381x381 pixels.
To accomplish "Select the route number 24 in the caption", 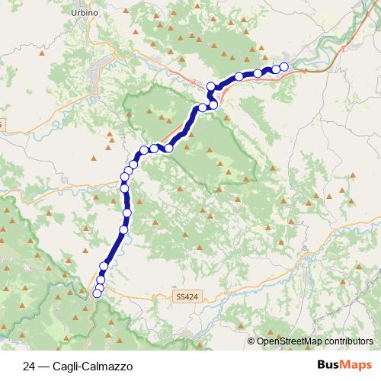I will coord(29,365).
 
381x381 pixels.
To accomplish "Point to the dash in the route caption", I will coord(43,365).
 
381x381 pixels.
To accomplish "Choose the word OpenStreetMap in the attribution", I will coord(286,342).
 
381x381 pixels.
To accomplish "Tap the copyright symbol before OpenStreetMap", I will coord(251,342).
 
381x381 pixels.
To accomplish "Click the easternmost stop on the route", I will coord(284,67).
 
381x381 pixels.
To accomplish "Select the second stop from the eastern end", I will coord(276,69).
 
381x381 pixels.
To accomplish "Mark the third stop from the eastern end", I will coord(258,73).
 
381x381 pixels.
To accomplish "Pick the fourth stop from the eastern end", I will coord(239,76).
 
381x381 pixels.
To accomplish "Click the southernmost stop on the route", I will coord(97,294).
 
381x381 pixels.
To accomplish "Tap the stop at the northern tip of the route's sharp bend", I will coord(211,86).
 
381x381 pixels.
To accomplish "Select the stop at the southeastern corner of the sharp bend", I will coord(214,104).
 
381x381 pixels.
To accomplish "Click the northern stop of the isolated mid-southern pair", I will coord(127,213).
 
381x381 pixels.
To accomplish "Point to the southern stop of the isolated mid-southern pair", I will coord(124,229).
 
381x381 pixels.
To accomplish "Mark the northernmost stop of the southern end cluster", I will coord(104,266).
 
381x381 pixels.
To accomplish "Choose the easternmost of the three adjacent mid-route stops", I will coord(168,148).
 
